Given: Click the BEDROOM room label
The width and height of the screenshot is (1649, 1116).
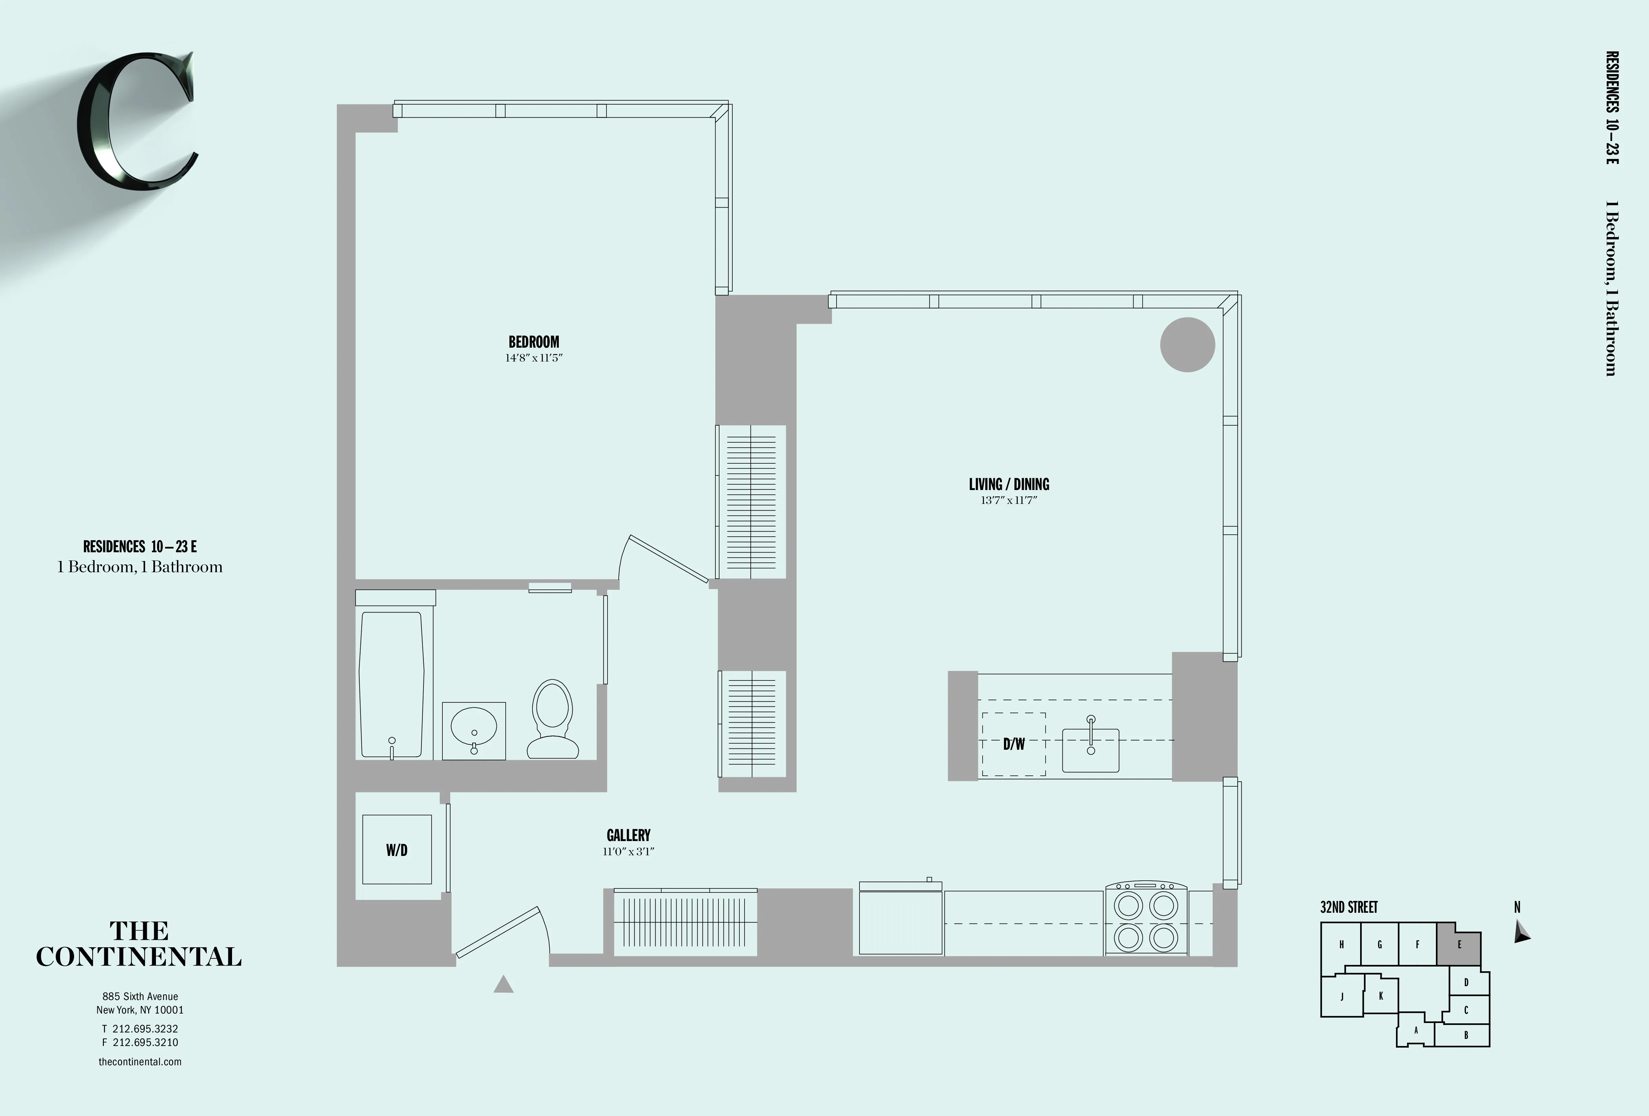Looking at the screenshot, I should [533, 342].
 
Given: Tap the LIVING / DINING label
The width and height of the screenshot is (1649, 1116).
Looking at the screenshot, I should [1008, 485].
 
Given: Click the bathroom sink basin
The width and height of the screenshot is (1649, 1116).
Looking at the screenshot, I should [473, 731].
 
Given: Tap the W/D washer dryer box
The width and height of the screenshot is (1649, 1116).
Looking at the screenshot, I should [397, 849].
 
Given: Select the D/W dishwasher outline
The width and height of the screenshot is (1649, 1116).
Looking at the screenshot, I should [1013, 744].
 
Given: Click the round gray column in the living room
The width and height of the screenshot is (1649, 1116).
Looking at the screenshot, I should [1187, 345].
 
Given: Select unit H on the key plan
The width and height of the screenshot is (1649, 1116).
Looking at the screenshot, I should [1341, 944].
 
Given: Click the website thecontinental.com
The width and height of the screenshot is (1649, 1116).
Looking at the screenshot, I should [140, 1061].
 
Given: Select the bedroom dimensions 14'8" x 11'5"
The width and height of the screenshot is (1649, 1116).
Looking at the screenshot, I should [533, 358].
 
